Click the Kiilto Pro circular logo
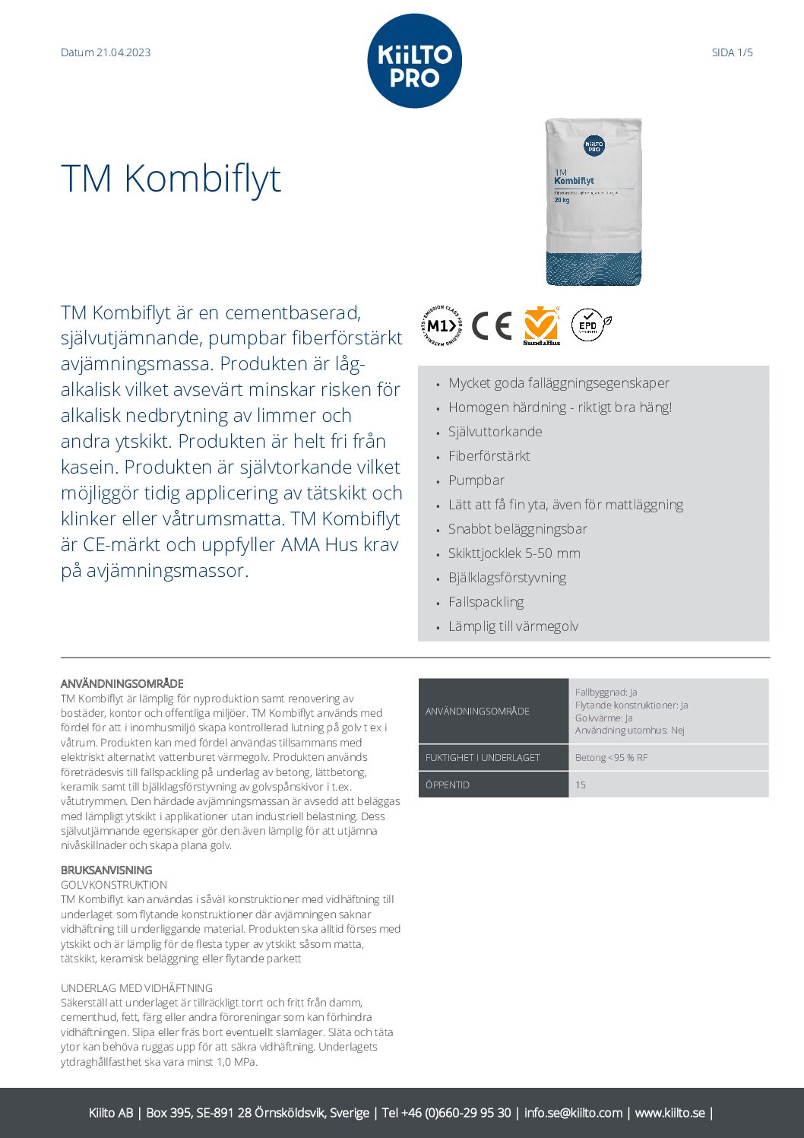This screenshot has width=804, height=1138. coord(414,61)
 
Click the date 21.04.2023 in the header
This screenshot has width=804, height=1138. coord(106,52)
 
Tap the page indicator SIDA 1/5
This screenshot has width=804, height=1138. coord(732,52)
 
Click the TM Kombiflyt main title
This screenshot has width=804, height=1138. coord(171,179)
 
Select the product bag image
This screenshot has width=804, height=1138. coord(594,202)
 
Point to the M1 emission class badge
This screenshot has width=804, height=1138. coord(442,326)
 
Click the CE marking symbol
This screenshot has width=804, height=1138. coord(492,326)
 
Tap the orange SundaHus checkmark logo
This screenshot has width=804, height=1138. coord(542,325)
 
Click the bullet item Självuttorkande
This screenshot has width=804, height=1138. coord(495,432)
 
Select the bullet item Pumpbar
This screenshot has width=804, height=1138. coord(476,480)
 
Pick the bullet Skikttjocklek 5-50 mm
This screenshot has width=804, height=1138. coord(514,553)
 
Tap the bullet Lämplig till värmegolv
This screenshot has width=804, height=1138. coord(513,626)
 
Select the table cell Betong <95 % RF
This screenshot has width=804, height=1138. coord(611,758)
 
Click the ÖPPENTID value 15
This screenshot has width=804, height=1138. coord(581,785)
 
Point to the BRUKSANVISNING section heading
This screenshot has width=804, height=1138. coord(106,870)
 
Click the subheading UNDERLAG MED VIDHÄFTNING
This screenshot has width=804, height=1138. coord(137,988)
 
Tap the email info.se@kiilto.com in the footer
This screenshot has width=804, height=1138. coord(573,1113)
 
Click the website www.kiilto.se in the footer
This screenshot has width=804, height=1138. coord(669,1113)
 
